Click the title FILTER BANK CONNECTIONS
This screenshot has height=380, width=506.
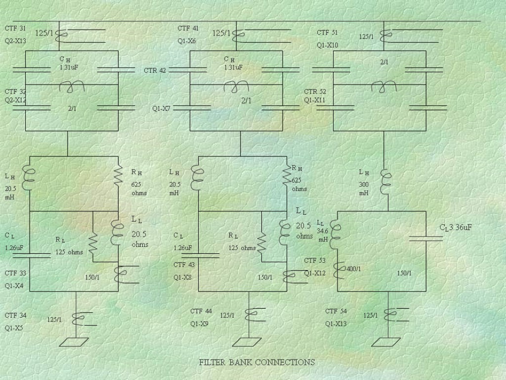tap(256, 362)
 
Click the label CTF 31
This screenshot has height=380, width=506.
tap(15, 29)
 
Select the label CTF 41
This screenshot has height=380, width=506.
tap(188, 29)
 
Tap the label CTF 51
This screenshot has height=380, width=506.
tap(327, 33)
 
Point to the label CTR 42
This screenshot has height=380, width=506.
tap(155, 70)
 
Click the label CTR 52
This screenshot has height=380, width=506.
tap(315, 92)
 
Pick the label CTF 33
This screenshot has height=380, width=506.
tap(15, 273)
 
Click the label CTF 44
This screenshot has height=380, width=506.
tap(201, 311)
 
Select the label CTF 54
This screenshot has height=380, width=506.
tap(336, 311)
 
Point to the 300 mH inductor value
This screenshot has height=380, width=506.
tap(364, 189)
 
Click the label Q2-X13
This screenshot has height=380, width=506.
tap(15, 41)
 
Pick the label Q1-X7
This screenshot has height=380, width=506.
tap(161, 108)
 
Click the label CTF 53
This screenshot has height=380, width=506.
tap(315, 261)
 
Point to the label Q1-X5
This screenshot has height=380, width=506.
tap(14, 328)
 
